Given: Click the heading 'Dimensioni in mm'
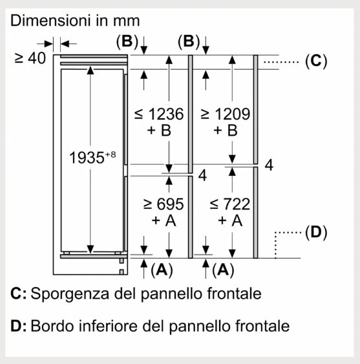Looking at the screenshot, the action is click(x=75, y=21).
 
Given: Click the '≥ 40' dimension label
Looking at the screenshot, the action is click(x=30, y=58).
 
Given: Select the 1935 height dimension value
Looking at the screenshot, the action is click(x=87, y=158).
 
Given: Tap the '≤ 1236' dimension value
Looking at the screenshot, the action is click(x=159, y=114).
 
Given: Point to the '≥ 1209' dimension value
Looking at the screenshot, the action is click(x=225, y=114).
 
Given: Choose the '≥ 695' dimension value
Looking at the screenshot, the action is click(x=164, y=204).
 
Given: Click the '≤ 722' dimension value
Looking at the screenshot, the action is click(x=229, y=204).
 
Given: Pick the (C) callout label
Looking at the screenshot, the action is click(x=316, y=61).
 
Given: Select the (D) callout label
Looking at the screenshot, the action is click(x=316, y=232).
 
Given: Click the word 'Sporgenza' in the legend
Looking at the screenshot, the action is click(x=70, y=294).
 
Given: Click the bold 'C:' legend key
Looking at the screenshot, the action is click(x=18, y=294).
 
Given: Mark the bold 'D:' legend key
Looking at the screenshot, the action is click(x=18, y=326).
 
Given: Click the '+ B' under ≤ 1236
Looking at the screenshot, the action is click(x=159, y=130).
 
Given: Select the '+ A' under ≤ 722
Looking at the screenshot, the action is click(x=230, y=220).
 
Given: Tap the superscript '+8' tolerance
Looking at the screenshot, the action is click(x=111, y=155).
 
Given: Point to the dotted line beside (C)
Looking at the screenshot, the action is click(x=281, y=62).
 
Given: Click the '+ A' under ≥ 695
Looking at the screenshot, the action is click(x=164, y=220).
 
